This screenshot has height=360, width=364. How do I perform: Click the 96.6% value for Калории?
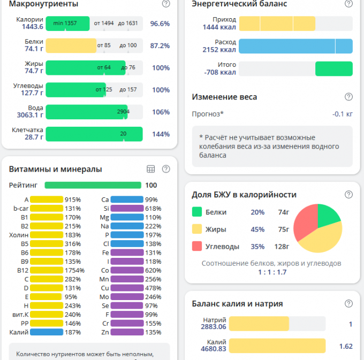coord(160,24)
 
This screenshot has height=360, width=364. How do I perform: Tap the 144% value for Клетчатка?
coord(161,134)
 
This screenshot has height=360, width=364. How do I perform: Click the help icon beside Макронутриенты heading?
coord(166,4)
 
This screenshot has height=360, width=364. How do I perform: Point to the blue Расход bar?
coord(295,46)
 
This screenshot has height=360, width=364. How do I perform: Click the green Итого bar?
coord(333,68)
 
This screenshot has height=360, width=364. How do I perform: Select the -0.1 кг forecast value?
coord(342,114)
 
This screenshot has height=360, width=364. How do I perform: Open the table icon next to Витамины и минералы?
coord(151,169)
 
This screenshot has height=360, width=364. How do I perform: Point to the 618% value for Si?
coord(153,209)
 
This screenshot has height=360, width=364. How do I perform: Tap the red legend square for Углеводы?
coord(196,247)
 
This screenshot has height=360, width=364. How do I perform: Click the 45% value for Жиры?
coord(257,229)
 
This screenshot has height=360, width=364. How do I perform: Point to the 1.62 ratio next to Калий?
coord(346,346)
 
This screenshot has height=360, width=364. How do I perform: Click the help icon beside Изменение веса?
coord(348,97)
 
